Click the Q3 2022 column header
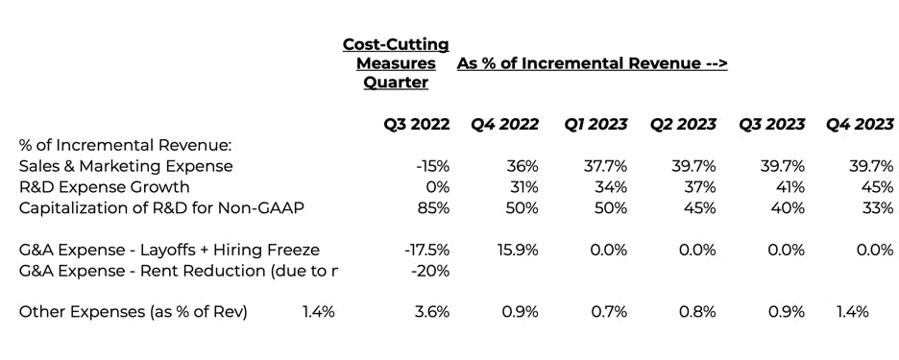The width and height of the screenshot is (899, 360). tap(416, 124)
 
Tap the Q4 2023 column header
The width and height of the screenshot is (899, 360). tap(860, 124)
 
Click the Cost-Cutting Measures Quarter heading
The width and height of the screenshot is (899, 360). tap(396, 63)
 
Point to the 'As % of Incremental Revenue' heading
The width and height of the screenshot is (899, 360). tap(593, 63)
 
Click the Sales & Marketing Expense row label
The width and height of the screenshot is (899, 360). tap(126, 166)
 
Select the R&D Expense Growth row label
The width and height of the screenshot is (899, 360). tap(105, 187)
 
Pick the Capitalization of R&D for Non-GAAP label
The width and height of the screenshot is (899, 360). tap(161, 208)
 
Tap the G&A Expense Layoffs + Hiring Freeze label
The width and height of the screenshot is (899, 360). tap(169, 250)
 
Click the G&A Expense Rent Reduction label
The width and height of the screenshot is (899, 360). tap(178, 271)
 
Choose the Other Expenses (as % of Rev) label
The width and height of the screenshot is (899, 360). tap(133, 312)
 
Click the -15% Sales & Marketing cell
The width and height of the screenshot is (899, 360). tap(433, 166)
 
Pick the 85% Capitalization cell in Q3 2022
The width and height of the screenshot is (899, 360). tap(434, 208)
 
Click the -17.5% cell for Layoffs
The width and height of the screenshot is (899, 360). tap(427, 250)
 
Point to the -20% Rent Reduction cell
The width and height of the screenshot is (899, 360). tap(430, 271)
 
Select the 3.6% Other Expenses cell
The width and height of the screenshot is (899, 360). tap(432, 312)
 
